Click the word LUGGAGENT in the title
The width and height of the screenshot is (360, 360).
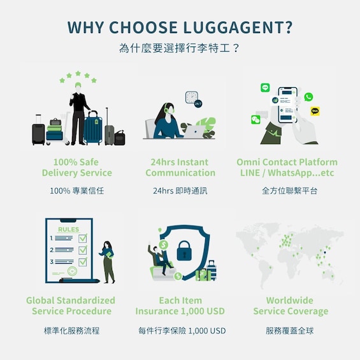[x=238, y=27]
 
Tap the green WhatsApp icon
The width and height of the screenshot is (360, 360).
[x=308, y=97]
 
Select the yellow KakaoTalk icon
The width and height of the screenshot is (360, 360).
[x=315, y=112]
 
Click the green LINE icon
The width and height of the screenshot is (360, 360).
[x=265, y=87]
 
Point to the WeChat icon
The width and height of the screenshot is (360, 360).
[x=256, y=119]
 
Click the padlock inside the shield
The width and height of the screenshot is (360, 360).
[x=184, y=250]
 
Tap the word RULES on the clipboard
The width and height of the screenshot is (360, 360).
[x=68, y=229]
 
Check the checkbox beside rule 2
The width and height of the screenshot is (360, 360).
[x=83, y=250]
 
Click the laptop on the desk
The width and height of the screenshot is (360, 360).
[x=194, y=131]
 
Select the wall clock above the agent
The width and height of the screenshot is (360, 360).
[x=192, y=97]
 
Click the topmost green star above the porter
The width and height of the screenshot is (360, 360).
[x=78, y=73]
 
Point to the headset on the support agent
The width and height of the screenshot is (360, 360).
[x=166, y=109]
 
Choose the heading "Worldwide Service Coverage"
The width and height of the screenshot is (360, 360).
[x=291, y=306]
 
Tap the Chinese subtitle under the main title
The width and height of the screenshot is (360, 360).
[x=180, y=48]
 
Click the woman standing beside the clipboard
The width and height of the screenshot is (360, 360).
[x=108, y=262]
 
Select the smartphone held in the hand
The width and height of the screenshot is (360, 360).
[x=287, y=104]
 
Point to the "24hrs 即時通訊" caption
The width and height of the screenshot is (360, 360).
[x=180, y=191]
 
